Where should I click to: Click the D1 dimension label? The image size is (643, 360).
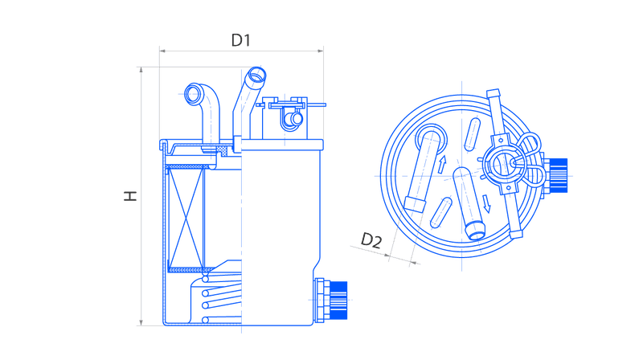[240, 40]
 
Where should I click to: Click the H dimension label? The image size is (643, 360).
[130, 195]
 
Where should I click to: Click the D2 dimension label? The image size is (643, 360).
[371, 241]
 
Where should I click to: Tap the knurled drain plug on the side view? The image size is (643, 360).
[338, 301]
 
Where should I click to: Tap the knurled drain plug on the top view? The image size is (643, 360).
[558, 175]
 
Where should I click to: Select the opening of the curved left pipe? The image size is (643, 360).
[194, 94]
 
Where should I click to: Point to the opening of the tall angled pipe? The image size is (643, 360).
[256, 76]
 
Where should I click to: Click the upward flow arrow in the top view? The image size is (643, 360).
[442, 164]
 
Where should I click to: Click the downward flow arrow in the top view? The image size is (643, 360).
[486, 204]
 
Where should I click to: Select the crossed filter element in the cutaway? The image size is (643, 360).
[186, 218]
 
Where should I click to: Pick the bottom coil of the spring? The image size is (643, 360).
[222, 319]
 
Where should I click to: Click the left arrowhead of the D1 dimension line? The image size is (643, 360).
[162, 51]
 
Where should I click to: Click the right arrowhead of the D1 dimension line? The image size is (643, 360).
[320, 51]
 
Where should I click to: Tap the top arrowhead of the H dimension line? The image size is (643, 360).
[141, 70]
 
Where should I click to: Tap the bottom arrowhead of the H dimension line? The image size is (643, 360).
[141, 323]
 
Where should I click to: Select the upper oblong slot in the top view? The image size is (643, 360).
[472, 135]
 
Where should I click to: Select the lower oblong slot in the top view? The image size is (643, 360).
[441, 212]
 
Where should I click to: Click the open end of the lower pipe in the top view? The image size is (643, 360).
[476, 233]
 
